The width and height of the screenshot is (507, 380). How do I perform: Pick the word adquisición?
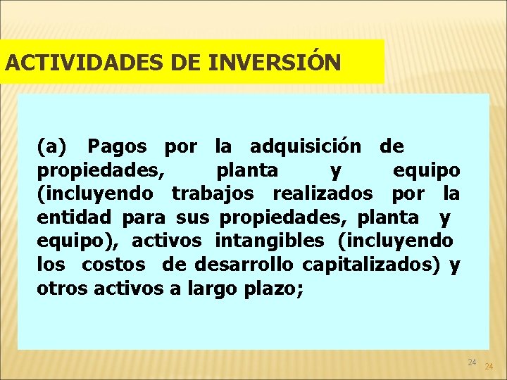tap(306, 146)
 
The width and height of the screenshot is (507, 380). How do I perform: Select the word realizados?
tap(323, 194)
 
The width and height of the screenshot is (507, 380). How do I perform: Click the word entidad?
tap(76, 217)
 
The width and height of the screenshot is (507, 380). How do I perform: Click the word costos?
tap(113, 265)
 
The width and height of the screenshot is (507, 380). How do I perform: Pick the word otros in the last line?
tap(59, 289)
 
